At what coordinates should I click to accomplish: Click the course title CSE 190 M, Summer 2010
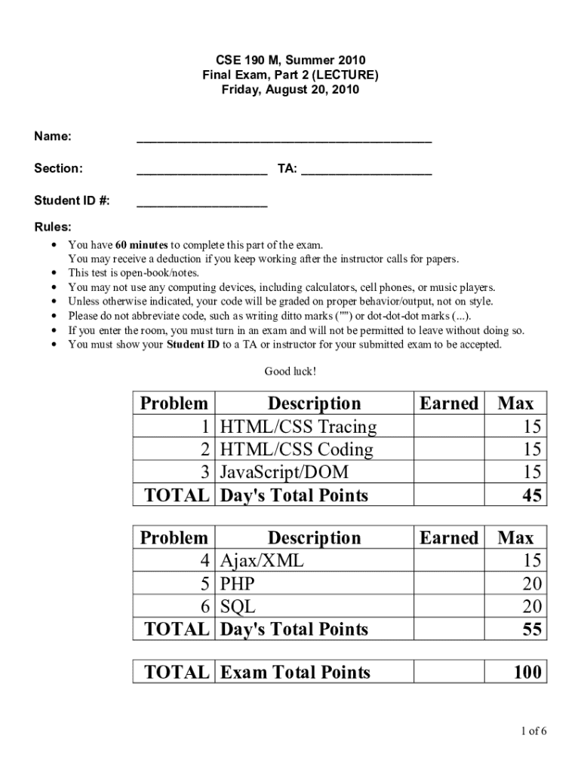[x=290, y=60]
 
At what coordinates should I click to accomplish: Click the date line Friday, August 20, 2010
[x=290, y=90]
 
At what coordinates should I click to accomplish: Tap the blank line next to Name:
[x=284, y=139]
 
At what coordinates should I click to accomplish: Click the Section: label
[x=58, y=168]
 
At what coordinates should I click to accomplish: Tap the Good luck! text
[x=290, y=371]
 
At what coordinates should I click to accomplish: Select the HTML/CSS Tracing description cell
[x=298, y=427]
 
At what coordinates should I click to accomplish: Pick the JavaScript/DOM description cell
[x=284, y=473]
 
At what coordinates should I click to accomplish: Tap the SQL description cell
[x=238, y=606]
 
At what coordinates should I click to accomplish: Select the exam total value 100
[x=525, y=672]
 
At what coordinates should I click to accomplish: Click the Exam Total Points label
[x=295, y=672]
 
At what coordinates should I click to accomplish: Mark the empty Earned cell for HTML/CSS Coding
[x=450, y=450]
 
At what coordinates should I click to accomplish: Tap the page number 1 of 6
[x=532, y=731]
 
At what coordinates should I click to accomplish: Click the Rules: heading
[x=53, y=227]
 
